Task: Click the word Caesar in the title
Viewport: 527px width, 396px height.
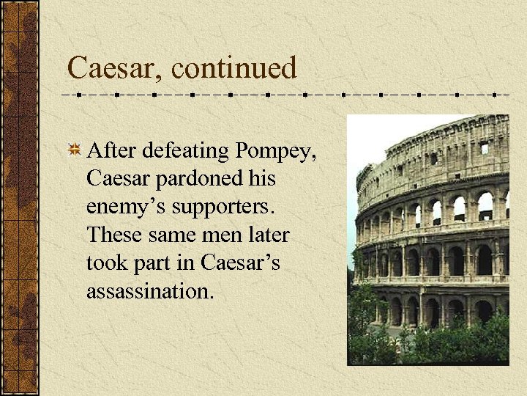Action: tap(114, 68)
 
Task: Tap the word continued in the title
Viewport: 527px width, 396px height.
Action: tap(236, 68)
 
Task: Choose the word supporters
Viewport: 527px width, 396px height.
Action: tap(223, 208)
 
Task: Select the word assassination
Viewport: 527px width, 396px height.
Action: tap(150, 291)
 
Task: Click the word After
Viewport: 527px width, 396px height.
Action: tap(113, 150)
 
